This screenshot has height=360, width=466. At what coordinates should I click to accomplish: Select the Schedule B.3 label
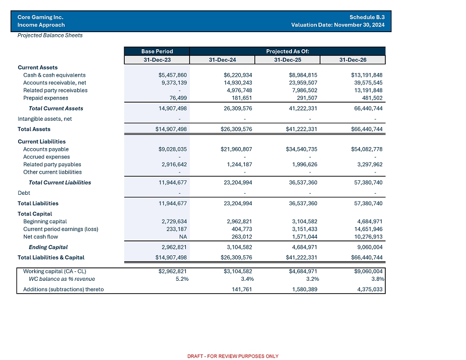[x=367, y=17]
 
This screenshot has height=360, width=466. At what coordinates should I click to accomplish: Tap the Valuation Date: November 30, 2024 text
[x=338, y=25]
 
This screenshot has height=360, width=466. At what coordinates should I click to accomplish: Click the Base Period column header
[x=157, y=51]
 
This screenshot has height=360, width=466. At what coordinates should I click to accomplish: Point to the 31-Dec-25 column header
[x=287, y=60]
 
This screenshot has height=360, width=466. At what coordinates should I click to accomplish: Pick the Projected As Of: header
[x=287, y=51]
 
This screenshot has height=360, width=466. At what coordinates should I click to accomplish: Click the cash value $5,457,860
[x=172, y=75]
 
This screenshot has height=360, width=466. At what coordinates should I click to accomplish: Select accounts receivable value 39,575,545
[x=367, y=83]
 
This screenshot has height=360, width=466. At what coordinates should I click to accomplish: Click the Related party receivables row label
[x=55, y=90]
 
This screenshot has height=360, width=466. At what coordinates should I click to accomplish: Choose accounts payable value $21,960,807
[x=236, y=149]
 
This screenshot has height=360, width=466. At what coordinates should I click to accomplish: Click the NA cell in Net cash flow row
[x=183, y=237]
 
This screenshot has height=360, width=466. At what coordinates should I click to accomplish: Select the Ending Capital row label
[x=48, y=247]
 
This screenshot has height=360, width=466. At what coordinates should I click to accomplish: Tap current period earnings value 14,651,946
[x=367, y=229]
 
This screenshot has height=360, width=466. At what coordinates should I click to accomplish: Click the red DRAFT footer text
[x=232, y=356]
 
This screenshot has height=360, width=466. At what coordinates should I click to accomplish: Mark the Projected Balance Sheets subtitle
[x=50, y=35]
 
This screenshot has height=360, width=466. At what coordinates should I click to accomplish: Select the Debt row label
[x=23, y=193]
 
